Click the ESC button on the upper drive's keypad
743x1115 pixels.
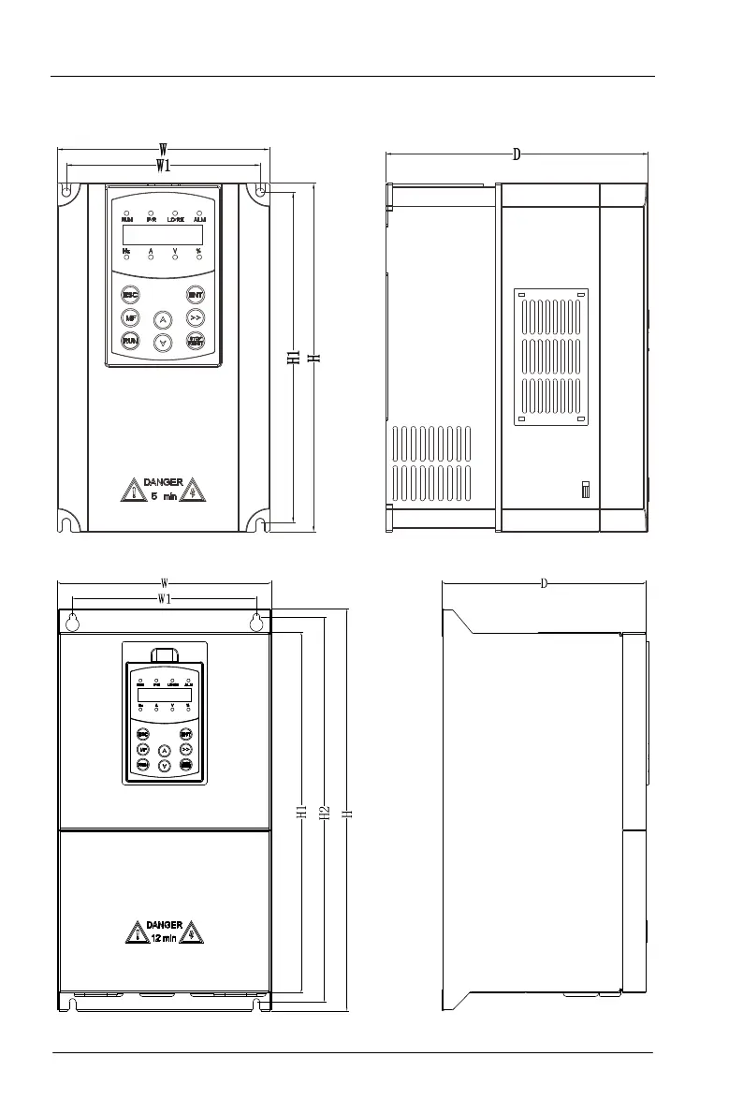click(131, 295)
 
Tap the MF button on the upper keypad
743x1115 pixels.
click(131, 317)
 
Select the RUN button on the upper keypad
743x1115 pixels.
click(131, 341)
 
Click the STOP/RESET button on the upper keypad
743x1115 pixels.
click(196, 341)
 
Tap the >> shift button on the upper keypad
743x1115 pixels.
click(196, 317)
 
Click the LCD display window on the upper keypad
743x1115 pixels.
click(163, 235)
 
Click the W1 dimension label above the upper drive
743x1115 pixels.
click(163, 167)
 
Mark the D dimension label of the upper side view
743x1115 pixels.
click(516, 154)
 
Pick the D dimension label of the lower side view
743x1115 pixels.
click(544, 584)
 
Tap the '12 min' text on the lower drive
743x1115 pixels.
click(163, 938)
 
